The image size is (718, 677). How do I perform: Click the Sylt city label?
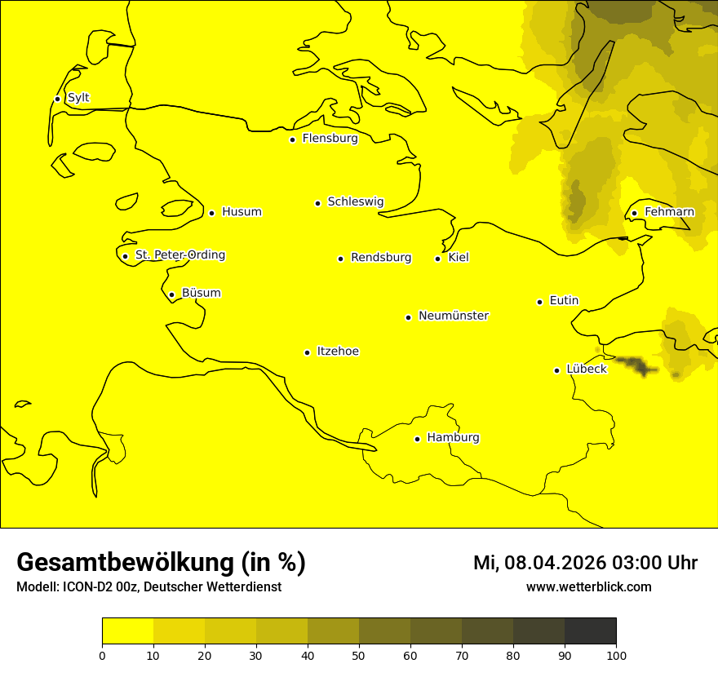(x=78, y=98)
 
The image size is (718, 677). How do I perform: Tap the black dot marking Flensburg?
(x=292, y=139)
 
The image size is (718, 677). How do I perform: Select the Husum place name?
(x=242, y=212)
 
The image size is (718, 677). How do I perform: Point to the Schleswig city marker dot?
(x=318, y=203)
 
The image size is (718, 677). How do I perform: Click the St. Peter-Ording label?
(x=180, y=255)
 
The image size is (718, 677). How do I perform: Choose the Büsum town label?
(x=201, y=294)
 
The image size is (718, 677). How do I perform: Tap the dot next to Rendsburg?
(x=340, y=259)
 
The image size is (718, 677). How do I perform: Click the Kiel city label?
(x=459, y=258)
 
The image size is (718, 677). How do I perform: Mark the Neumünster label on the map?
(x=454, y=316)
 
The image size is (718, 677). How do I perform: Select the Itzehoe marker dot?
(x=307, y=352)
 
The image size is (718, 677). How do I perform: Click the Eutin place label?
(x=564, y=301)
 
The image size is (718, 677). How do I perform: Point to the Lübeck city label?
(x=586, y=369)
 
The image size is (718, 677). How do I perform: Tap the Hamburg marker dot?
(x=417, y=439)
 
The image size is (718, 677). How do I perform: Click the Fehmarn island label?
(x=669, y=212)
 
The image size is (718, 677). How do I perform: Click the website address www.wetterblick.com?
(x=588, y=587)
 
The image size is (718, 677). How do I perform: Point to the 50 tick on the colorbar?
(x=359, y=654)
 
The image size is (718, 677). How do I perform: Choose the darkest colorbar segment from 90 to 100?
(x=590, y=631)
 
